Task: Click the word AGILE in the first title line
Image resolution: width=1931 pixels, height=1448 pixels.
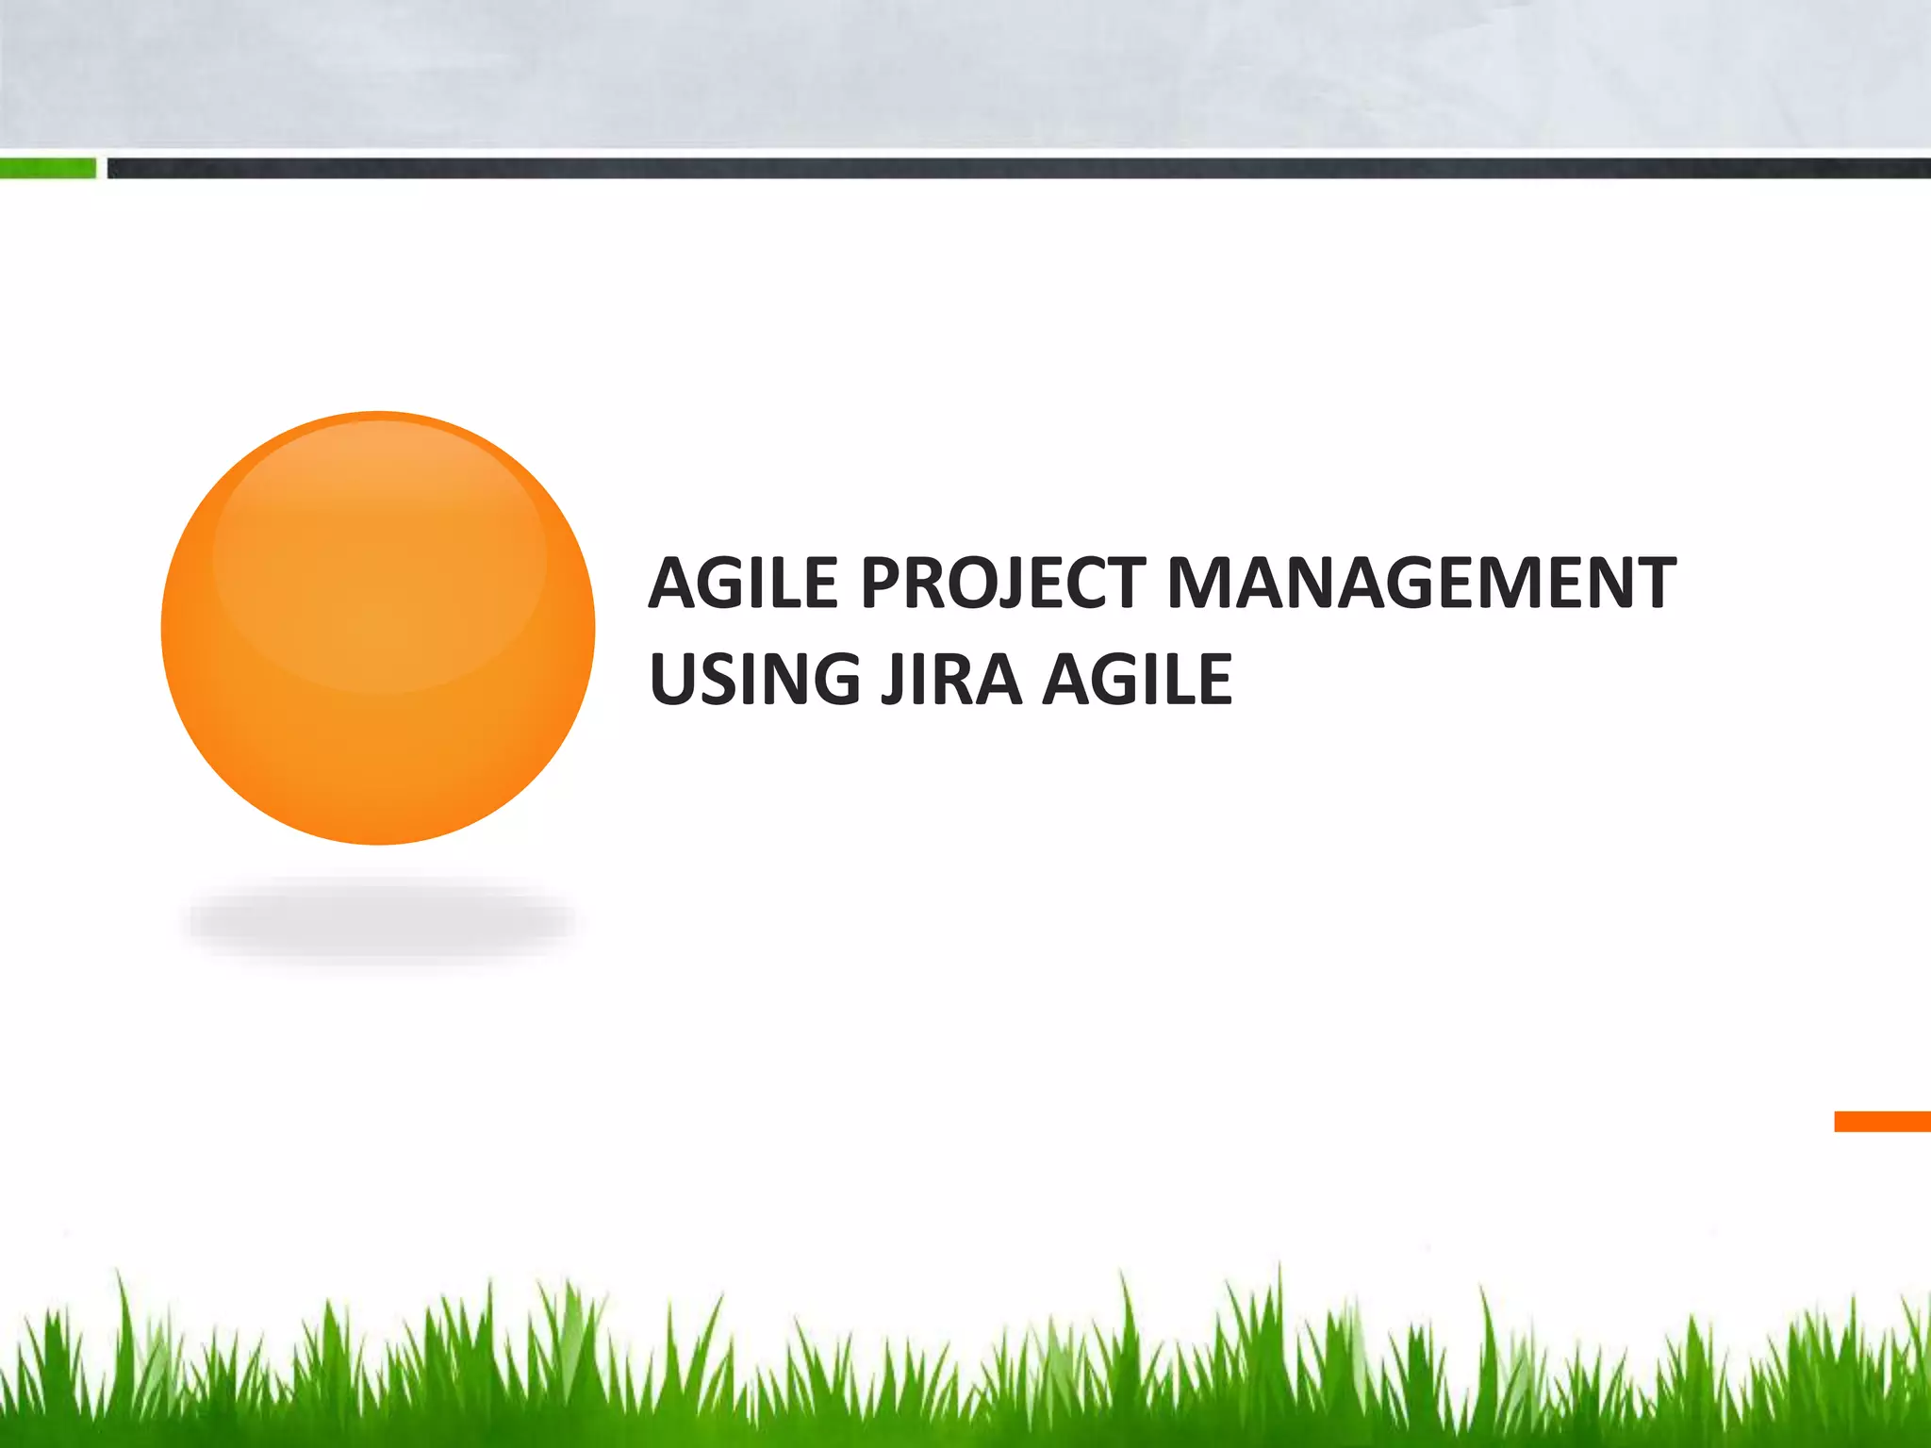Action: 743,583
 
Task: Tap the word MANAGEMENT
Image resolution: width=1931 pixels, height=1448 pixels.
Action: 1421,583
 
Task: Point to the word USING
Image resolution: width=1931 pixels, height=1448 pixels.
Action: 754,679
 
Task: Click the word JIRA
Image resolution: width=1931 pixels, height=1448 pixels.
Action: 950,679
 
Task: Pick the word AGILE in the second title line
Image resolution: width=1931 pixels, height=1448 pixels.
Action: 1137,679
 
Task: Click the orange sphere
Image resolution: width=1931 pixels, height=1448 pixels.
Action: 378,629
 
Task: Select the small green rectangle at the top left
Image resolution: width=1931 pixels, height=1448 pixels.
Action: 47,169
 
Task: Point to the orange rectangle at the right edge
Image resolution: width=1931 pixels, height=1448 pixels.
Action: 1882,1122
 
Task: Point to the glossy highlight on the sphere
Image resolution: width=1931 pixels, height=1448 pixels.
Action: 379,556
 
